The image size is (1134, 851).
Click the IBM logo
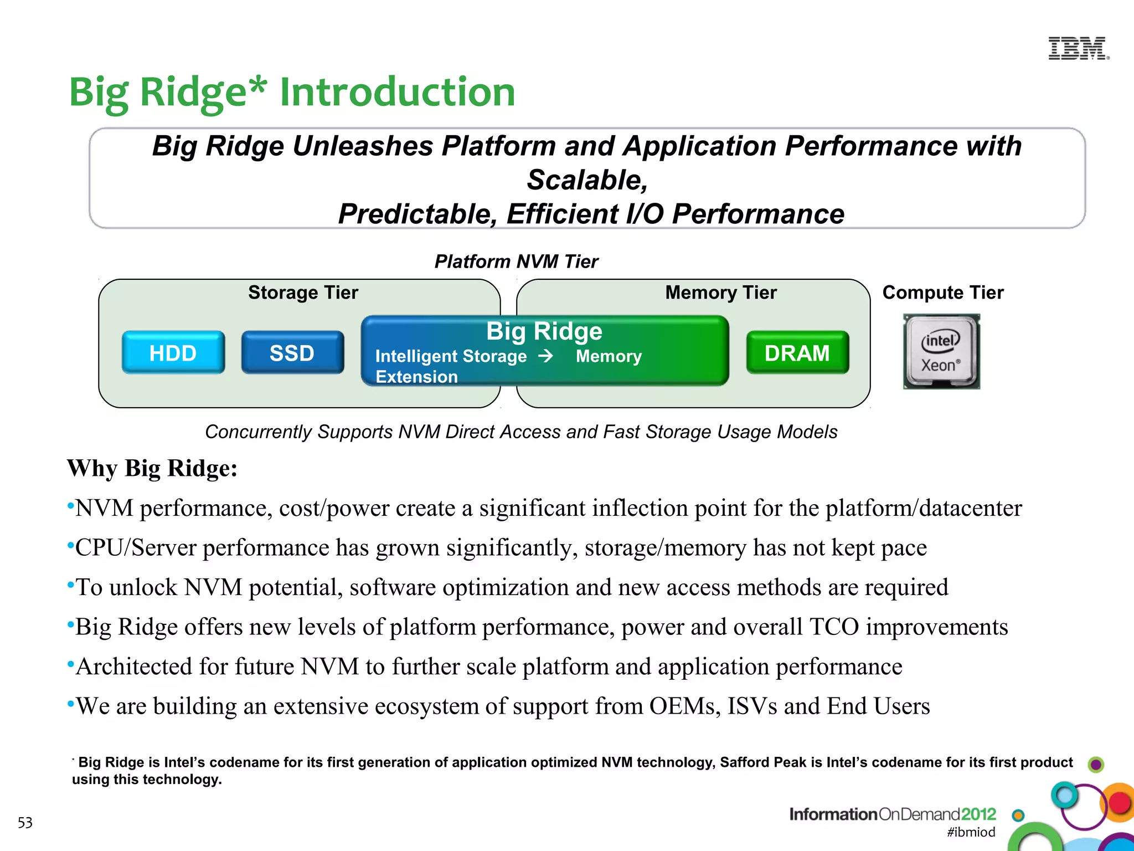click(1078, 49)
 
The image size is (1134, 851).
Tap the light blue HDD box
click(173, 353)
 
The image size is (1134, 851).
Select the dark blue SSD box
click(292, 353)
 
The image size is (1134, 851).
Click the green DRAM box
click(797, 353)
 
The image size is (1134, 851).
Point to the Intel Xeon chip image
click(941, 352)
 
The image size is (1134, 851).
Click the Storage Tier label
click(303, 293)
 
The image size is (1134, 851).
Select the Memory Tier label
click(720, 293)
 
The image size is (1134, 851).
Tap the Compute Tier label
click(942, 293)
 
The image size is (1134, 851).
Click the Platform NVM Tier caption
click(516, 262)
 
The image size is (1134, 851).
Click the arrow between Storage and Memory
click(546, 356)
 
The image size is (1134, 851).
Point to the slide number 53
click(25, 823)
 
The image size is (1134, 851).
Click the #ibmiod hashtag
click(971, 832)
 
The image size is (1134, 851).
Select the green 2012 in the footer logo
click(978, 814)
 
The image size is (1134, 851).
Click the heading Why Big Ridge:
click(152, 469)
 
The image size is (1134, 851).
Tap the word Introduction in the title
click(397, 92)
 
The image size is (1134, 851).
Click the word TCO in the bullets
click(834, 627)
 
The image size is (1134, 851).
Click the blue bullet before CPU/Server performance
click(70, 546)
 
